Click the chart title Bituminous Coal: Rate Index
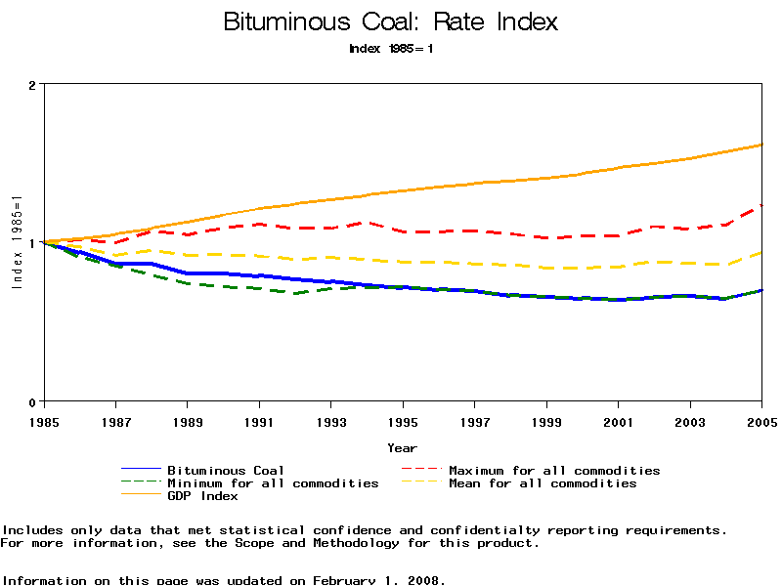[391, 21]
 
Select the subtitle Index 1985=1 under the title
[391, 49]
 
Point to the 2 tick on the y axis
[32, 85]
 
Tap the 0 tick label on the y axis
[32, 401]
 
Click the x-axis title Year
[402, 448]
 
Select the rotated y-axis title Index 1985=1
[17, 243]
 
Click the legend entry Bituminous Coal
[226, 471]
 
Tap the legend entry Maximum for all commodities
[554, 471]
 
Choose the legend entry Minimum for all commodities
[273, 483]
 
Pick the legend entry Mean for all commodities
[543, 483]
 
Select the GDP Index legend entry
[202, 496]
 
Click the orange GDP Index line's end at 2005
[761, 145]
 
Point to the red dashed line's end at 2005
[761, 205]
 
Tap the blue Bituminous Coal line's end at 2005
[761, 290]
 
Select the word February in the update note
[343, 580]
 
